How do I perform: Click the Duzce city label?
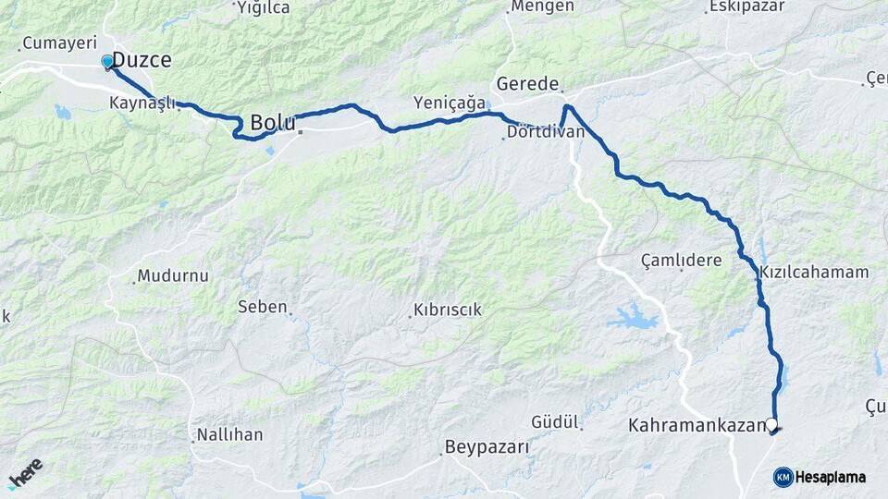tap(142, 60)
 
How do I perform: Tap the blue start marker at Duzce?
tap(107, 62)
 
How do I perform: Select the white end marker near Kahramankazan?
tap(771, 424)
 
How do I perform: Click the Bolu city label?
tap(273, 123)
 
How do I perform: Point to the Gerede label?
tap(528, 84)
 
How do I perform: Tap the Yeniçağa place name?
tap(450, 103)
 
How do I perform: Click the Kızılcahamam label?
tap(814, 273)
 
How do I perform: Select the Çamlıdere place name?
tap(682, 261)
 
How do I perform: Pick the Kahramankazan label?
tap(697, 426)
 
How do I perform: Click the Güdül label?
tap(555, 422)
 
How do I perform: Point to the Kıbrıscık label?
tap(448, 310)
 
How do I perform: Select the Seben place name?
tap(263, 307)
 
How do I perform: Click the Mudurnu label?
tap(175, 275)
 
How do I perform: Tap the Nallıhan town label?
tap(230, 434)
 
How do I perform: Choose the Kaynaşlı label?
tap(142, 103)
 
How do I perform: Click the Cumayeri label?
tap(59, 43)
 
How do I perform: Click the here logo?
tap(25, 473)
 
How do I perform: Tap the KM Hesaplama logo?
tap(820, 477)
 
